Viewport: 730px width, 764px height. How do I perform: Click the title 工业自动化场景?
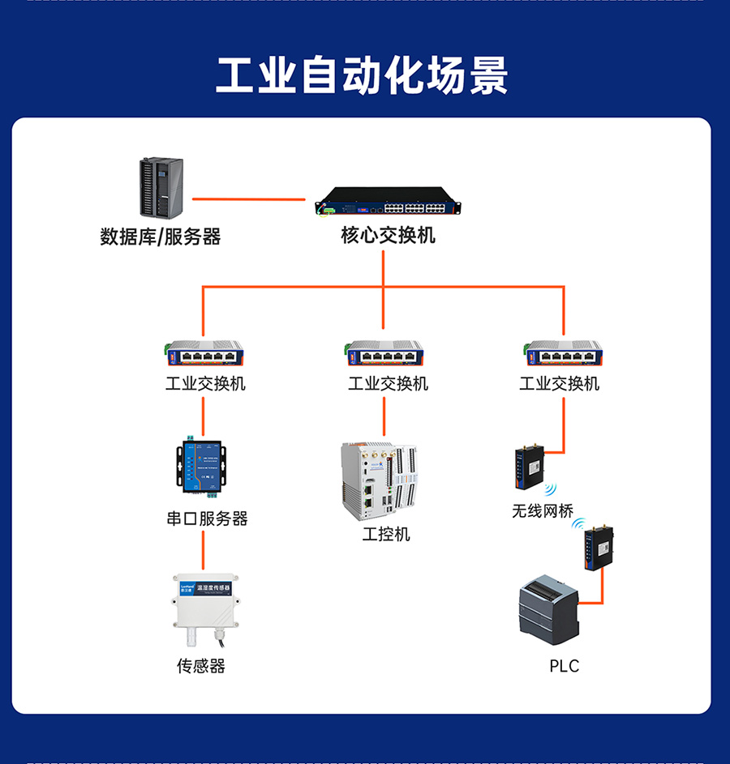click(x=363, y=75)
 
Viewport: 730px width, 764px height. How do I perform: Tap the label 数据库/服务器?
click(x=161, y=237)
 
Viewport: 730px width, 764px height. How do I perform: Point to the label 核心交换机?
click(x=388, y=236)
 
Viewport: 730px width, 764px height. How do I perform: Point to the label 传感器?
click(x=201, y=666)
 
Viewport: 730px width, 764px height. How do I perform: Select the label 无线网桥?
click(x=543, y=511)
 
